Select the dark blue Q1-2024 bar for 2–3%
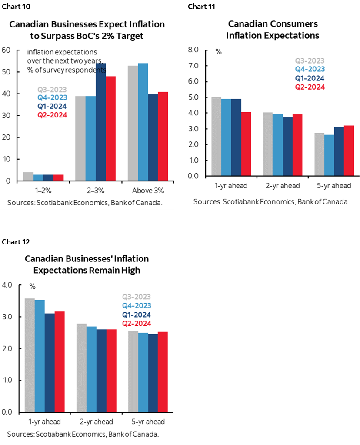(x=101, y=122)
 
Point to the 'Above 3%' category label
(x=148, y=191)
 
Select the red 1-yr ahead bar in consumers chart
(x=247, y=144)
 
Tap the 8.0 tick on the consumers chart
(x=193, y=50)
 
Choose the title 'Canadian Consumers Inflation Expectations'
(x=273, y=30)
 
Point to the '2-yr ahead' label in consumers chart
(x=283, y=186)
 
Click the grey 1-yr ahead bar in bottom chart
(x=30, y=355)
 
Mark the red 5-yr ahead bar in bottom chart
(x=163, y=372)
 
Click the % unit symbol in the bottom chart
(x=33, y=286)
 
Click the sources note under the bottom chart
(x=83, y=434)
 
